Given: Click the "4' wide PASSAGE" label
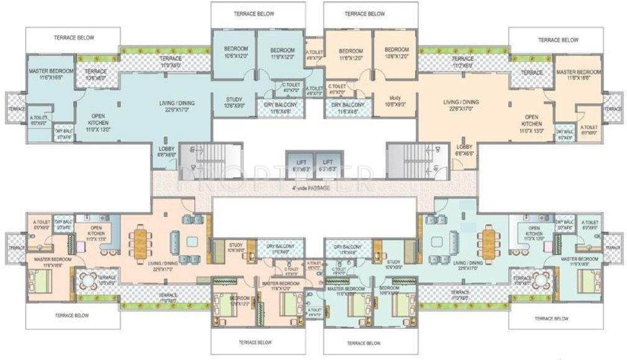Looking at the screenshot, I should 313,188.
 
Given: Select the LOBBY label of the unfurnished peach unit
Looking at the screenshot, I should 464,149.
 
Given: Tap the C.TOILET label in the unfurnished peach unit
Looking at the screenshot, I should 337,89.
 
